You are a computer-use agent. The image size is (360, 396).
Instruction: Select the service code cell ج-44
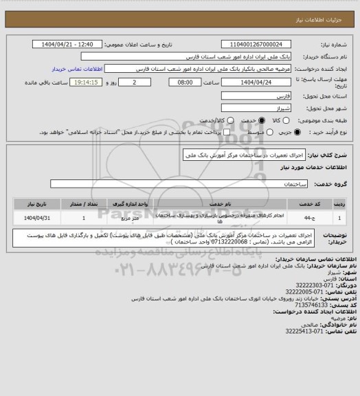[323, 217]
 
